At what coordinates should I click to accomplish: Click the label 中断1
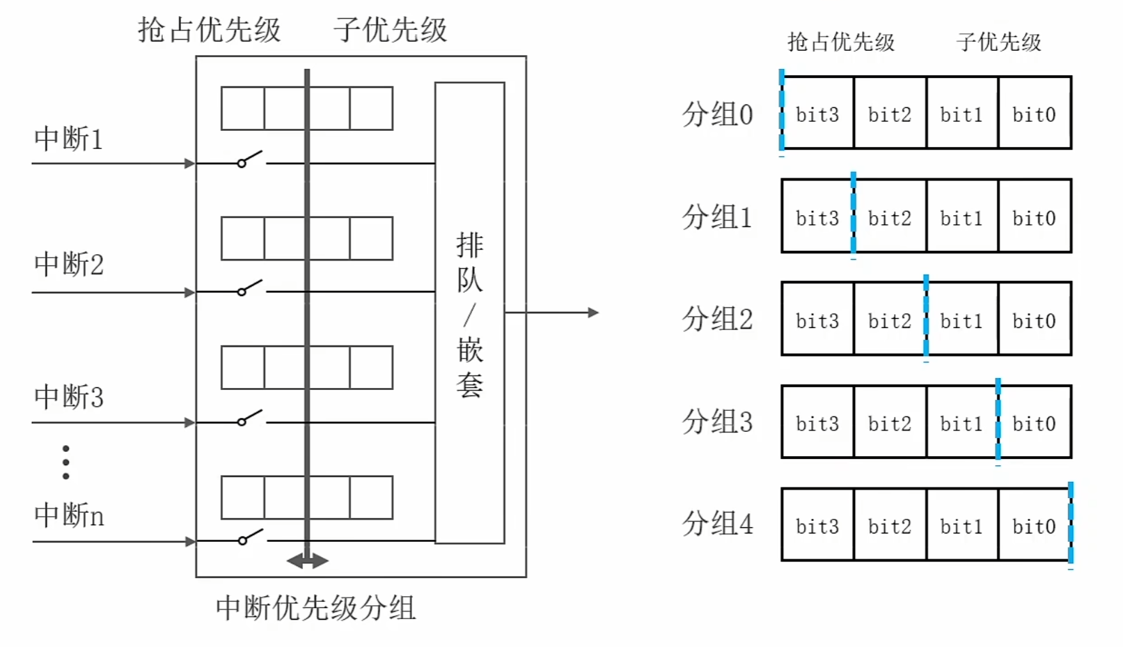[x=68, y=139]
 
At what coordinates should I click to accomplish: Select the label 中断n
[x=69, y=515]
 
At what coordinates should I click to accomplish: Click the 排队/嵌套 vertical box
[x=469, y=313]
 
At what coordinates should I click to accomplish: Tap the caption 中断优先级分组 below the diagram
[x=315, y=608]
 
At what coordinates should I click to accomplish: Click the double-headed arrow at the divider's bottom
[x=307, y=561]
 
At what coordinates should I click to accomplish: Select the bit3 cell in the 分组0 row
[x=817, y=114]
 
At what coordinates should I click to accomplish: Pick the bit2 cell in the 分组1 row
[x=890, y=217]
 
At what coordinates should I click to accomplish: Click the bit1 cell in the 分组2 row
[x=961, y=320]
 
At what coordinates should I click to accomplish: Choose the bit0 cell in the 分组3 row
[x=1034, y=423]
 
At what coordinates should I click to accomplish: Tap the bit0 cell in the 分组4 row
[x=1034, y=526]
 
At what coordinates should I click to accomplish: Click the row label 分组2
[x=717, y=319]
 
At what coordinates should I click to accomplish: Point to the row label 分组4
[x=717, y=524]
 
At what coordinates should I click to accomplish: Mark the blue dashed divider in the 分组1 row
[x=853, y=216]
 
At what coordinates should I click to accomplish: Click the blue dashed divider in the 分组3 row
[x=998, y=421]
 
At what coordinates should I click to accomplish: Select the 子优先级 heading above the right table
[x=998, y=42]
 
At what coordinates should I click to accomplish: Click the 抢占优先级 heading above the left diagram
[x=209, y=30]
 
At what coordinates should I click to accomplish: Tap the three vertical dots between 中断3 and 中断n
[x=65, y=462]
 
